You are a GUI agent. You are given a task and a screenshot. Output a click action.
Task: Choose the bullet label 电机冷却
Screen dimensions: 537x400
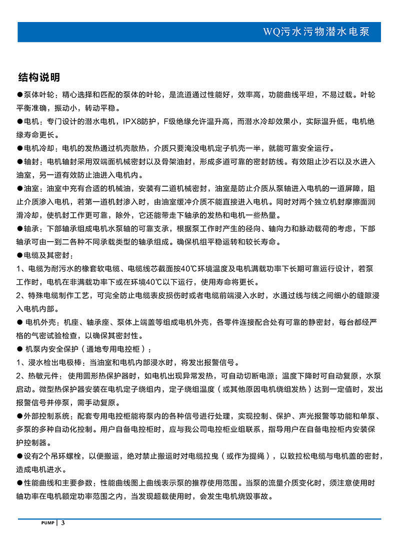(40, 149)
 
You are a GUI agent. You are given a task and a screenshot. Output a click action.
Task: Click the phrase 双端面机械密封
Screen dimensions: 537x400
(116, 162)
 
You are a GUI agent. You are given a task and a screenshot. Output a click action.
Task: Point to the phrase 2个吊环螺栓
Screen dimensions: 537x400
(58, 456)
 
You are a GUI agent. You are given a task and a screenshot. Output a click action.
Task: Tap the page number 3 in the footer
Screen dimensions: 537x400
(63, 523)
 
